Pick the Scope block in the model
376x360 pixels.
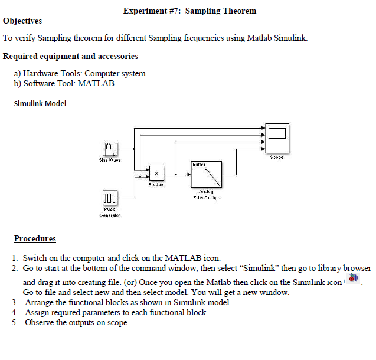tap(276, 139)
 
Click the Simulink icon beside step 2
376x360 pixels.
tap(353, 278)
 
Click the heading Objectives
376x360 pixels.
tap(22, 21)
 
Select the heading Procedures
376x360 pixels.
tap(35, 239)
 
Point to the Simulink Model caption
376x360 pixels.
tap(40, 104)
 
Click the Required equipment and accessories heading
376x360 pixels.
tap(70, 57)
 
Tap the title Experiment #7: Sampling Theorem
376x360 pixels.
tap(189, 11)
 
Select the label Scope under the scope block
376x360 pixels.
tap(276, 158)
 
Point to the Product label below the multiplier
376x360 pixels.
tap(156, 185)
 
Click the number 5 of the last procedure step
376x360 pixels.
tap(15, 322)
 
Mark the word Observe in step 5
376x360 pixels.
tap(39, 322)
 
